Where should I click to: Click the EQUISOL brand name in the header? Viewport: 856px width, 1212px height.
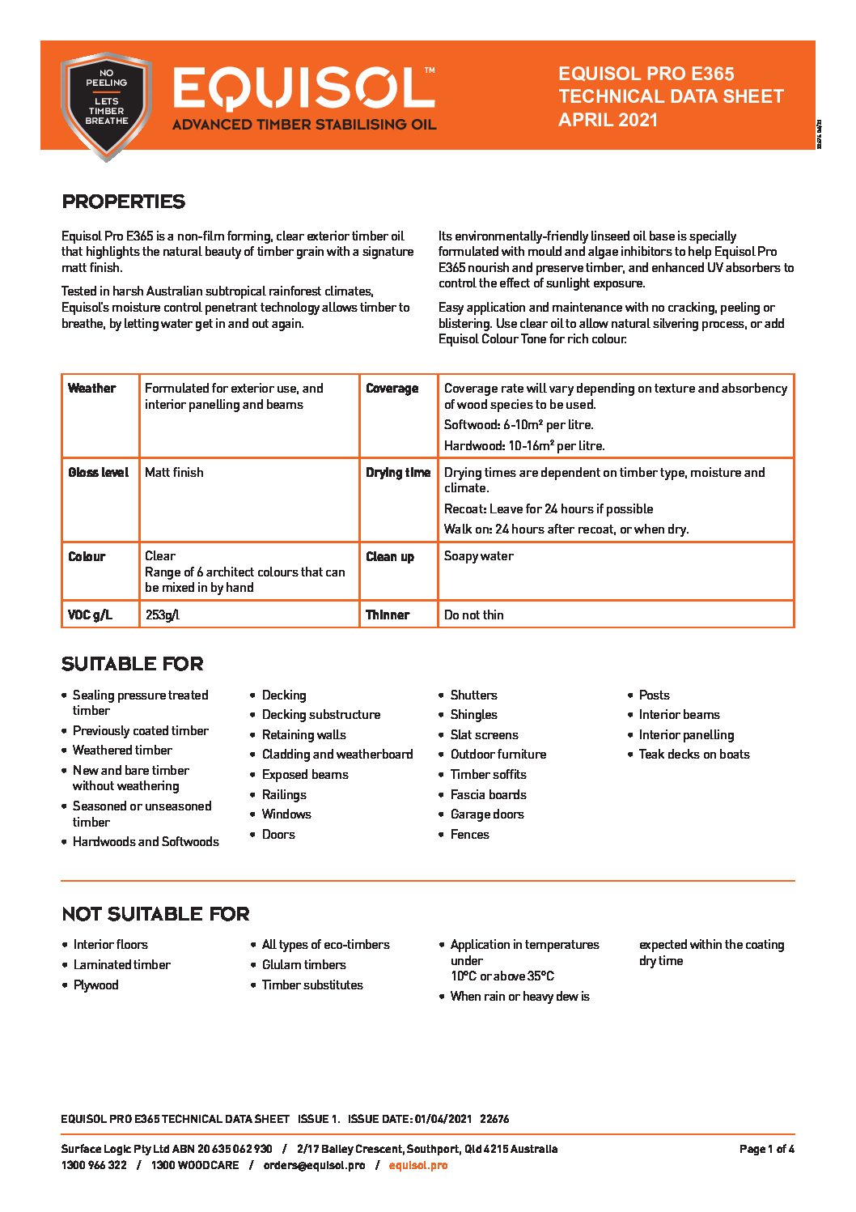pyautogui.click(x=303, y=88)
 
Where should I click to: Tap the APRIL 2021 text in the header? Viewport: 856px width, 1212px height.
pyautogui.click(x=608, y=120)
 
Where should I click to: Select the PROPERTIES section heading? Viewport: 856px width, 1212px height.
pyautogui.click(x=124, y=202)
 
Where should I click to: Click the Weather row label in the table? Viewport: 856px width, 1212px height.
pyautogui.click(x=91, y=389)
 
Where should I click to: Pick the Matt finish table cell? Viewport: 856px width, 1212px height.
pyautogui.click(x=174, y=472)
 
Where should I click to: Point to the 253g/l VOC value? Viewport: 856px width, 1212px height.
pyautogui.click(x=162, y=615)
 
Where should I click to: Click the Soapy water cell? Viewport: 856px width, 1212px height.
pyautogui.click(x=478, y=556)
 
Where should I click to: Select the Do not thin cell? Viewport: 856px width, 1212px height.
pyautogui.click(x=473, y=615)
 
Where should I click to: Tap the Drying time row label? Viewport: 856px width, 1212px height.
pyautogui.click(x=397, y=473)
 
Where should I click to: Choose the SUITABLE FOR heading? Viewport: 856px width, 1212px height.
pyautogui.click(x=132, y=664)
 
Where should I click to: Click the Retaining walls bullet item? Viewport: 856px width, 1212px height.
pyautogui.click(x=303, y=734)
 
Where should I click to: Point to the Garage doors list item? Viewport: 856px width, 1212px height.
pyautogui.click(x=486, y=814)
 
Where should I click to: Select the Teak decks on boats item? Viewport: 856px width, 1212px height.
pyautogui.click(x=693, y=754)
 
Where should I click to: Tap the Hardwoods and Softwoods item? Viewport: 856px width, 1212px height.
pyautogui.click(x=146, y=841)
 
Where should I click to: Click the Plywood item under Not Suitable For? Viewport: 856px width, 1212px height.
pyautogui.click(x=95, y=984)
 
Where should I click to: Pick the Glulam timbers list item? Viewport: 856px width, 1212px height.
pyautogui.click(x=303, y=964)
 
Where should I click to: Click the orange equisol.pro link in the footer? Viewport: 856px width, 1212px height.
pyautogui.click(x=417, y=1165)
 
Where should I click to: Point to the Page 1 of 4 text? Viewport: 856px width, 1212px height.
pyautogui.click(x=766, y=1149)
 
